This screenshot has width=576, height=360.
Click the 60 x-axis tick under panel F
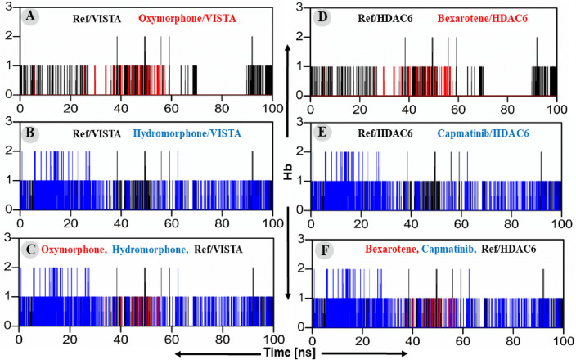(462, 337)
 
